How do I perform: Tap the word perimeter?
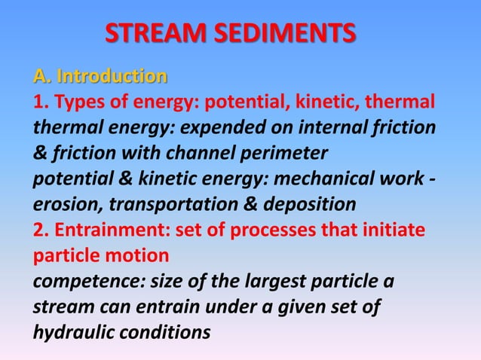[x=286, y=154]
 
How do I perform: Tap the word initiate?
[x=394, y=230]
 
